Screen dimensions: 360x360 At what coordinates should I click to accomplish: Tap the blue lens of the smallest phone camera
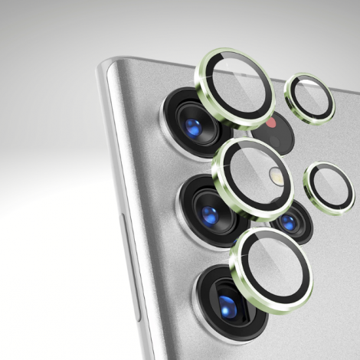pyautogui.click(x=289, y=223)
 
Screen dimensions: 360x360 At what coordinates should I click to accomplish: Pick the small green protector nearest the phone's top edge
pyautogui.click(x=309, y=97)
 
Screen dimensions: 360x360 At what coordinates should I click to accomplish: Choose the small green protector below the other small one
pyautogui.click(x=329, y=188)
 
